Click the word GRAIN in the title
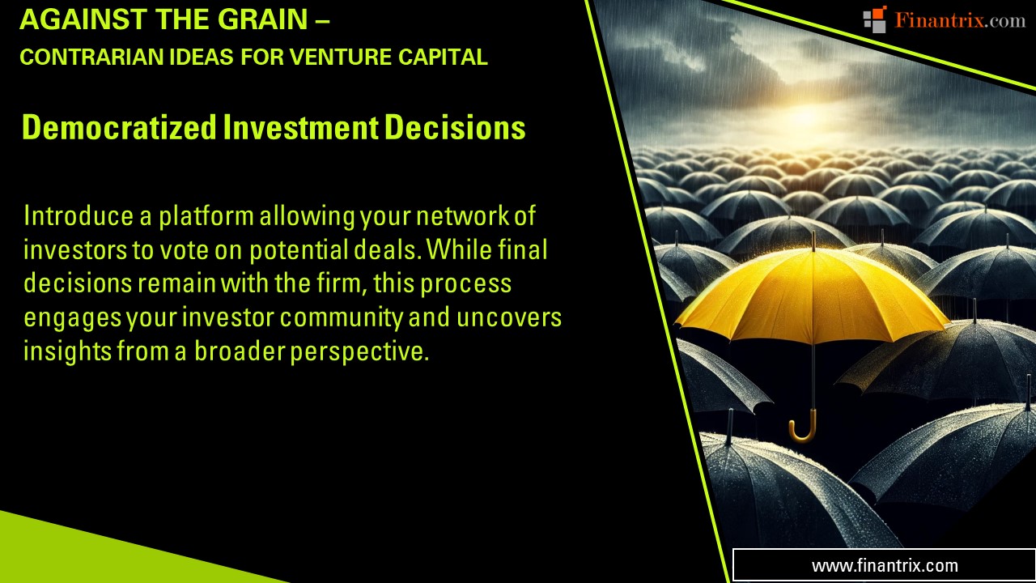coord(263,19)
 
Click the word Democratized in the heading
coord(119,127)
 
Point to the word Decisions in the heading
coord(455,127)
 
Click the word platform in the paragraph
coord(206,216)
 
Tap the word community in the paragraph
coord(342,318)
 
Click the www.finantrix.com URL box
coord(884,565)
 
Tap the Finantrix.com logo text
coord(960,20)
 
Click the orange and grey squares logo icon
coord(875,19)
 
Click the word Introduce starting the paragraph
coord(79,216)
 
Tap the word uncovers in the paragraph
coord(509,318)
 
